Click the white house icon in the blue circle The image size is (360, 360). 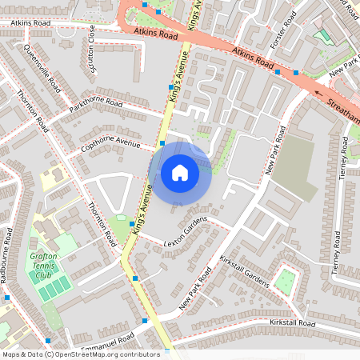[180, 172]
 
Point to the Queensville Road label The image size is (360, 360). [42, 67]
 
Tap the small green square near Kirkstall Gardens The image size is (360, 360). [285, 279]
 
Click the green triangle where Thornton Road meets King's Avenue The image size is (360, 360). [120, 228]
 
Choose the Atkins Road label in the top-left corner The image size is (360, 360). [30, 23]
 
